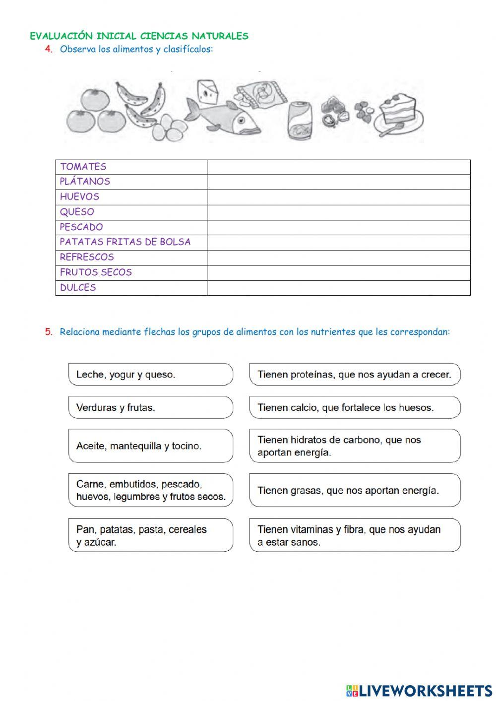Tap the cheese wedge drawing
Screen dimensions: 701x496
click(x=207, y=91)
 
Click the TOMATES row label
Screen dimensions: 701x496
click(x=83, y=167)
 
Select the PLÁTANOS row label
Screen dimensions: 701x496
click(x=85, y=182)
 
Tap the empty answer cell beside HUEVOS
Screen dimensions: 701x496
click(x=338, y=197)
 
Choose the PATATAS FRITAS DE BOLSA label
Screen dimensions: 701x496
click(x=125, y=242)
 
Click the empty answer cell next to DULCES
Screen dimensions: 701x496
click(x=338, y=288)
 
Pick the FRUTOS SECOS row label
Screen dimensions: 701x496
click(x=96, y=272)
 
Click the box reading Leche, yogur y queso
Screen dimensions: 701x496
click(x=150, y=375)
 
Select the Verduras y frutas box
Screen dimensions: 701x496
click(x=150, y=407)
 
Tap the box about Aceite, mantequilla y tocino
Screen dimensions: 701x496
click(x=150, y=446)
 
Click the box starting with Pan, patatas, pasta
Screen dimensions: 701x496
click(x=150, y=535)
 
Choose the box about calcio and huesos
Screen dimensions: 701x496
click(x=355, y=407)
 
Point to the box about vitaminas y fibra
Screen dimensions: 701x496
click(x=355, y=535)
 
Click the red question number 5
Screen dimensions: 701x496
click(x=48, y=332)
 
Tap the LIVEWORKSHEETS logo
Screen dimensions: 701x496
click(x=419, y=690)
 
